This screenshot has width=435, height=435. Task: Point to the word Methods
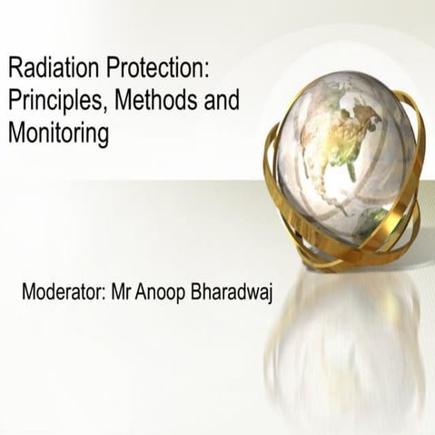pyautogui.click(x=147, y=100)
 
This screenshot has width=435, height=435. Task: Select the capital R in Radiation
pyautogui.click(x=15, y=69)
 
